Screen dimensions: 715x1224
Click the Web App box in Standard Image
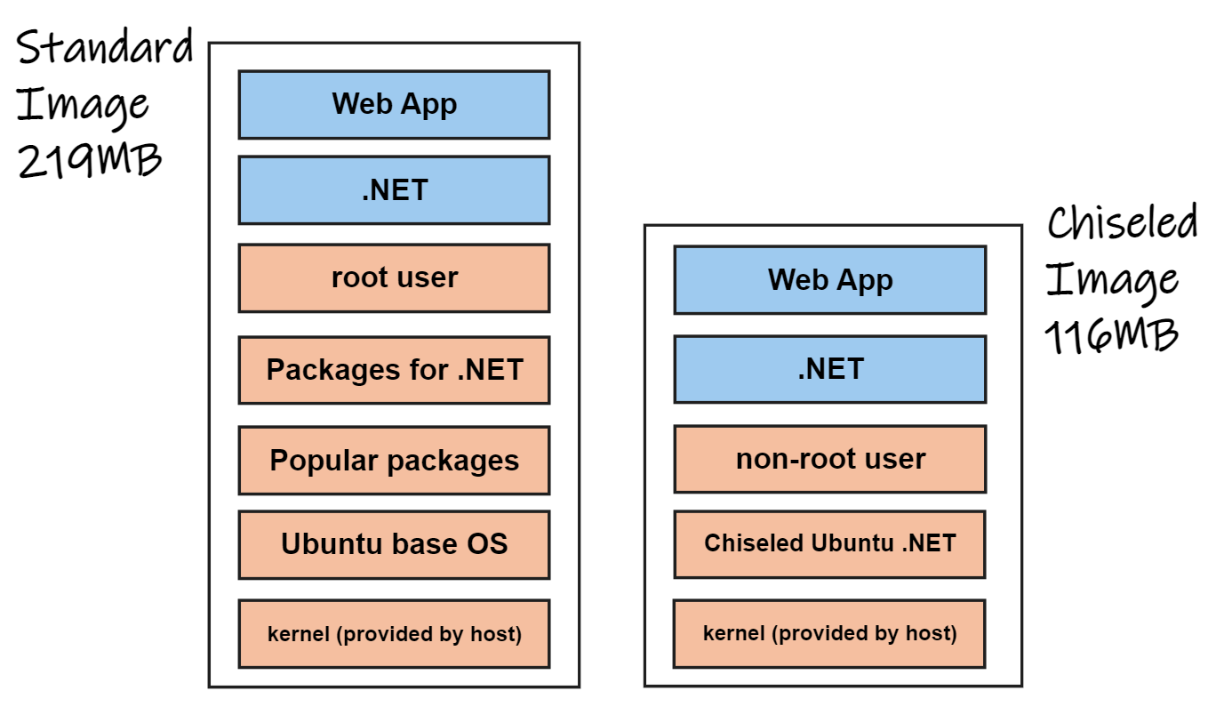(394, 105)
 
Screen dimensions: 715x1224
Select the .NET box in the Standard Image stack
(394, 190)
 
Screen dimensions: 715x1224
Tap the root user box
(394, 278)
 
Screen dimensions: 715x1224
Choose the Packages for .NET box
(394, 370)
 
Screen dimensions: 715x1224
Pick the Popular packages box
(394, 461)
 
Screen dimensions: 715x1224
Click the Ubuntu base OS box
(394, 544)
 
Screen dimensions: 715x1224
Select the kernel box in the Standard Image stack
(394, 634)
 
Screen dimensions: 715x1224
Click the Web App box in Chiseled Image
(829, 280)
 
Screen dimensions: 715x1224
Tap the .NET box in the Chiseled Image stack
(829, 369)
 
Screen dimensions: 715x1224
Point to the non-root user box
(829, 459)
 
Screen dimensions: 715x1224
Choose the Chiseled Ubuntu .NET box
(829, 543)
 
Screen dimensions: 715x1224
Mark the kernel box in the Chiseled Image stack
(829, 633)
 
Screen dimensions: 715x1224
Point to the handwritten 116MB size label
(1111, 337)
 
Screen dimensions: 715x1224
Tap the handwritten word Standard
(105, 48)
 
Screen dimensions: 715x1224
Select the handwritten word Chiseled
(1122, 222)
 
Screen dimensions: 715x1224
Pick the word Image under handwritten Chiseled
(1111, 280)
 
